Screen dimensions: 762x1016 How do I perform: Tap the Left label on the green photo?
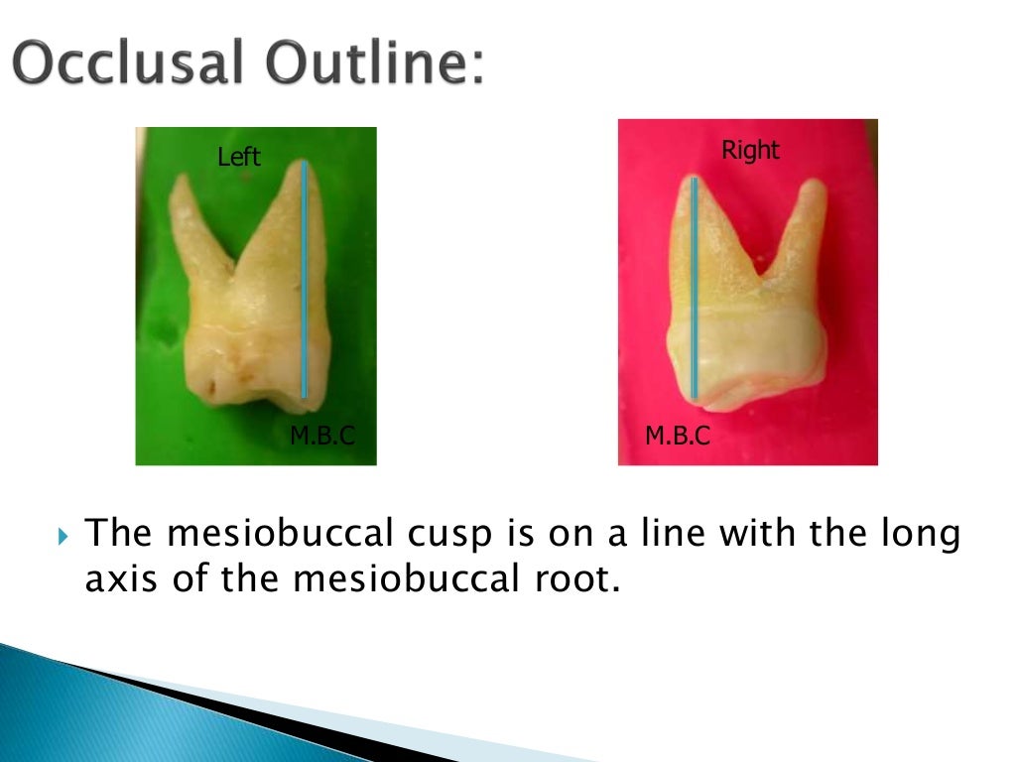pyautogui.click(x=239, y=157)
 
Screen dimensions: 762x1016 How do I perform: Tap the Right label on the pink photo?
pyautogui.click(x=750, y=150)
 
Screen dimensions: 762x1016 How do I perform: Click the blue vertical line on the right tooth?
pyautogui.click(x=695, y=288)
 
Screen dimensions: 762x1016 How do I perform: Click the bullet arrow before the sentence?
pyautogui.click(x=64, y=539)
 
